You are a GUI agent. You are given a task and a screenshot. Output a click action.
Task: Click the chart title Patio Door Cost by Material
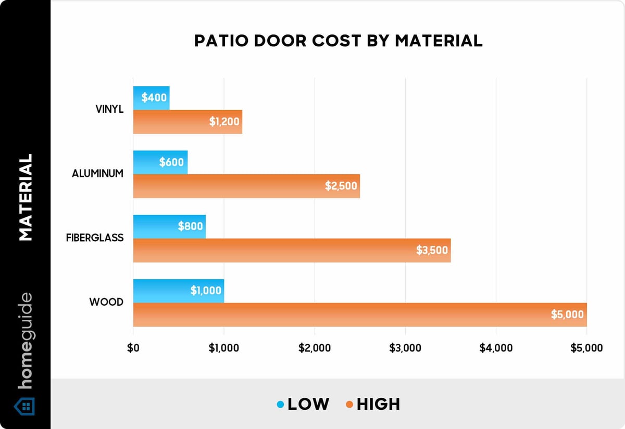[338, 41]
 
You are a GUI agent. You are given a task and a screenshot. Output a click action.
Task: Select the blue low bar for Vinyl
[151, 98]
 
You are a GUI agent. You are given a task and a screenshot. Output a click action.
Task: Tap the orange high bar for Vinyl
[187, 122]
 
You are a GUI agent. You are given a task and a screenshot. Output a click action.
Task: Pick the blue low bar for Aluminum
[160, 162]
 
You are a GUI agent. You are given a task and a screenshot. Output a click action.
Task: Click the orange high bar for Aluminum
[246, 186]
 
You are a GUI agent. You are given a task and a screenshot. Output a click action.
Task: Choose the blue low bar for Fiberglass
[169, 226]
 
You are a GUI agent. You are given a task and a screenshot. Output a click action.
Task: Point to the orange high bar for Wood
[359, 315]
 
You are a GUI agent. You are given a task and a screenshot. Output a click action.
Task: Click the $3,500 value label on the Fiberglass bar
[432, 250]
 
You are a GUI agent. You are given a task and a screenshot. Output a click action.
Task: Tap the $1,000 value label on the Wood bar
[206, 291]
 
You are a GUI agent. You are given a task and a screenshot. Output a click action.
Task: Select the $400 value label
[154, 98]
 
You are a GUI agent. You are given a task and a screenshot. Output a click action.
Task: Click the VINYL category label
[109, 110]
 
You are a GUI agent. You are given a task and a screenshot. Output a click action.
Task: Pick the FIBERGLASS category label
[95, 238]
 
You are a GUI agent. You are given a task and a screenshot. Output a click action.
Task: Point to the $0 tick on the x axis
[133, 348]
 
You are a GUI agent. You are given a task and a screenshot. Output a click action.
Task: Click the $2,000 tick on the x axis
[315, 348]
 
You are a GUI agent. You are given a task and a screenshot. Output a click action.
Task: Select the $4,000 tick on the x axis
[496, 348]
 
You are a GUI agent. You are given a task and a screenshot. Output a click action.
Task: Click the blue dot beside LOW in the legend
[280, 404]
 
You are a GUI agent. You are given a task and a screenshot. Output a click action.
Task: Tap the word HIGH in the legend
[378, 404]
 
